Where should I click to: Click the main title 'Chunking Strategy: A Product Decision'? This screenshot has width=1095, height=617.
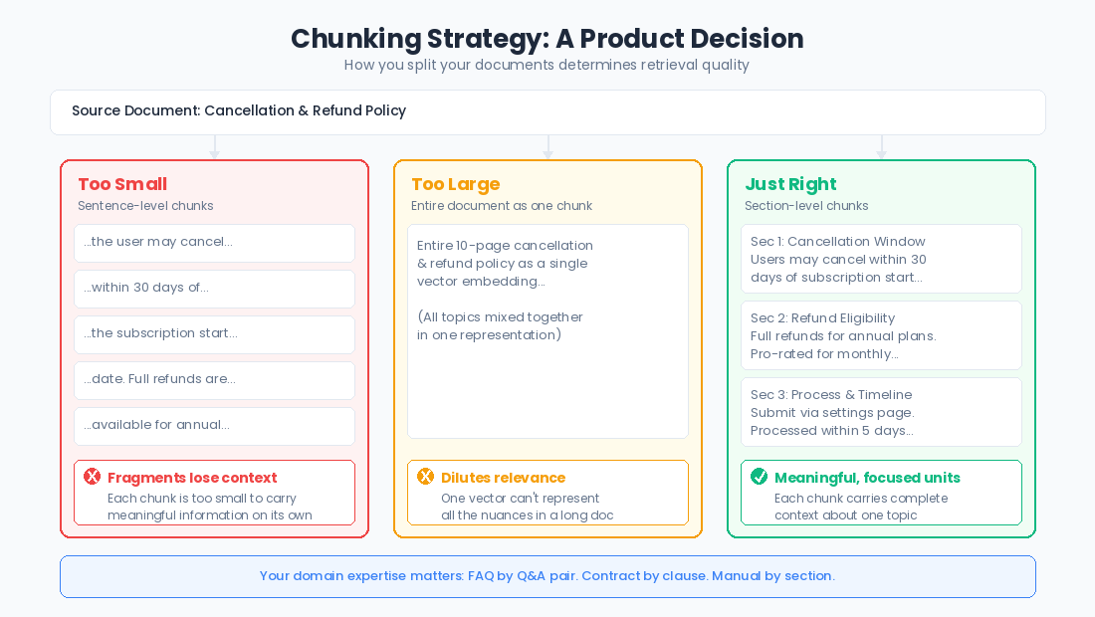pyautogui.click(x=547, y=39)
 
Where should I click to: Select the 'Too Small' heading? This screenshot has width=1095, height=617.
pyautogui.click(x=122, y=184)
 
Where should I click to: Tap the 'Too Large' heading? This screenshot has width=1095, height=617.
pyautogui.click(x=455, y=184)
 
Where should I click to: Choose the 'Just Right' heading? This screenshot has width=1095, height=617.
pyautogui.click(x=790, y=184)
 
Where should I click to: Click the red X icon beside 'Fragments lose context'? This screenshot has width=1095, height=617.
pyautogui.click(x=93, y=477)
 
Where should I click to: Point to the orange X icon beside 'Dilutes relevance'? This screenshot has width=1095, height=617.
pyautogui.click(x=426, y=477)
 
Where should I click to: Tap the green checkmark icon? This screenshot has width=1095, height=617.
pyautogui.click(x=760, y=477)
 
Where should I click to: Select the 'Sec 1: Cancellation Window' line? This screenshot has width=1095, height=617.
pyautogui.click(x=837, y=242)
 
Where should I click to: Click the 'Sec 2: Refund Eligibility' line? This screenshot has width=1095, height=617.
pyautogui.click(x=822, y=318)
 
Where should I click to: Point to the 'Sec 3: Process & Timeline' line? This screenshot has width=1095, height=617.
pyautogui.click(x=831, y=395)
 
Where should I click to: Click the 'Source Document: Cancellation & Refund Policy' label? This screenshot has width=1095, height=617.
pyautogui.click(x=239, y=111)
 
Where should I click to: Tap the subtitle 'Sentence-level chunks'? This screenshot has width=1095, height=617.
pyautogui.click(x=145, y=206)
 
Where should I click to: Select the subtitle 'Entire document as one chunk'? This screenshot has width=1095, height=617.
pyautogui.click(x=501, y=206)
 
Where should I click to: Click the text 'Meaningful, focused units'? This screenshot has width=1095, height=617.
pyautogui.click(x=867, y=478)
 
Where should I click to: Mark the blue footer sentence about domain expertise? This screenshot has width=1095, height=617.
pyautogui.click(x=547, y=576)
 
